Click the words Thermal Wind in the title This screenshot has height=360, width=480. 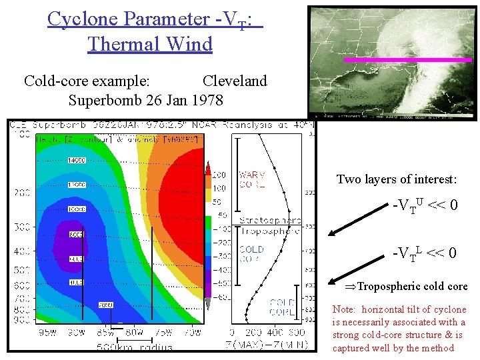pos(149,44)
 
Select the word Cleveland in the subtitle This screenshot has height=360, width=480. pos(234,81)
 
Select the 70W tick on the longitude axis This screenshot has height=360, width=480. pos(192,333)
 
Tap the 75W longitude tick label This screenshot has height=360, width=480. pos(163,333)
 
